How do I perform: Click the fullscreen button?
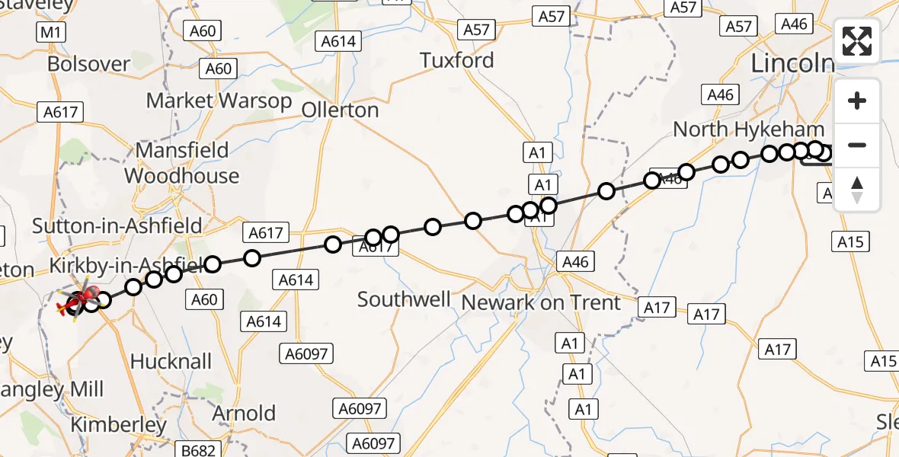(857, 41)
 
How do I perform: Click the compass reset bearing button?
(857, 190)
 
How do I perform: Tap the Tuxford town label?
(457, 60)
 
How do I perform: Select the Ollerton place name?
(340, 110)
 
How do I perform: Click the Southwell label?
(404, 299)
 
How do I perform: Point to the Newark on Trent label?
(541, 302)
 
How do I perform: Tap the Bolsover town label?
(88, 63)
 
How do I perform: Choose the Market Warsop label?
(219, 101)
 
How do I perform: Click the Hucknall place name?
(171, 361)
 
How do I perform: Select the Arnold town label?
(244, 414)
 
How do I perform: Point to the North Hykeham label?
(748, 129)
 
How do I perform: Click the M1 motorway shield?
(51, 32)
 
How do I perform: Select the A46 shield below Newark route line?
(575, 262)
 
